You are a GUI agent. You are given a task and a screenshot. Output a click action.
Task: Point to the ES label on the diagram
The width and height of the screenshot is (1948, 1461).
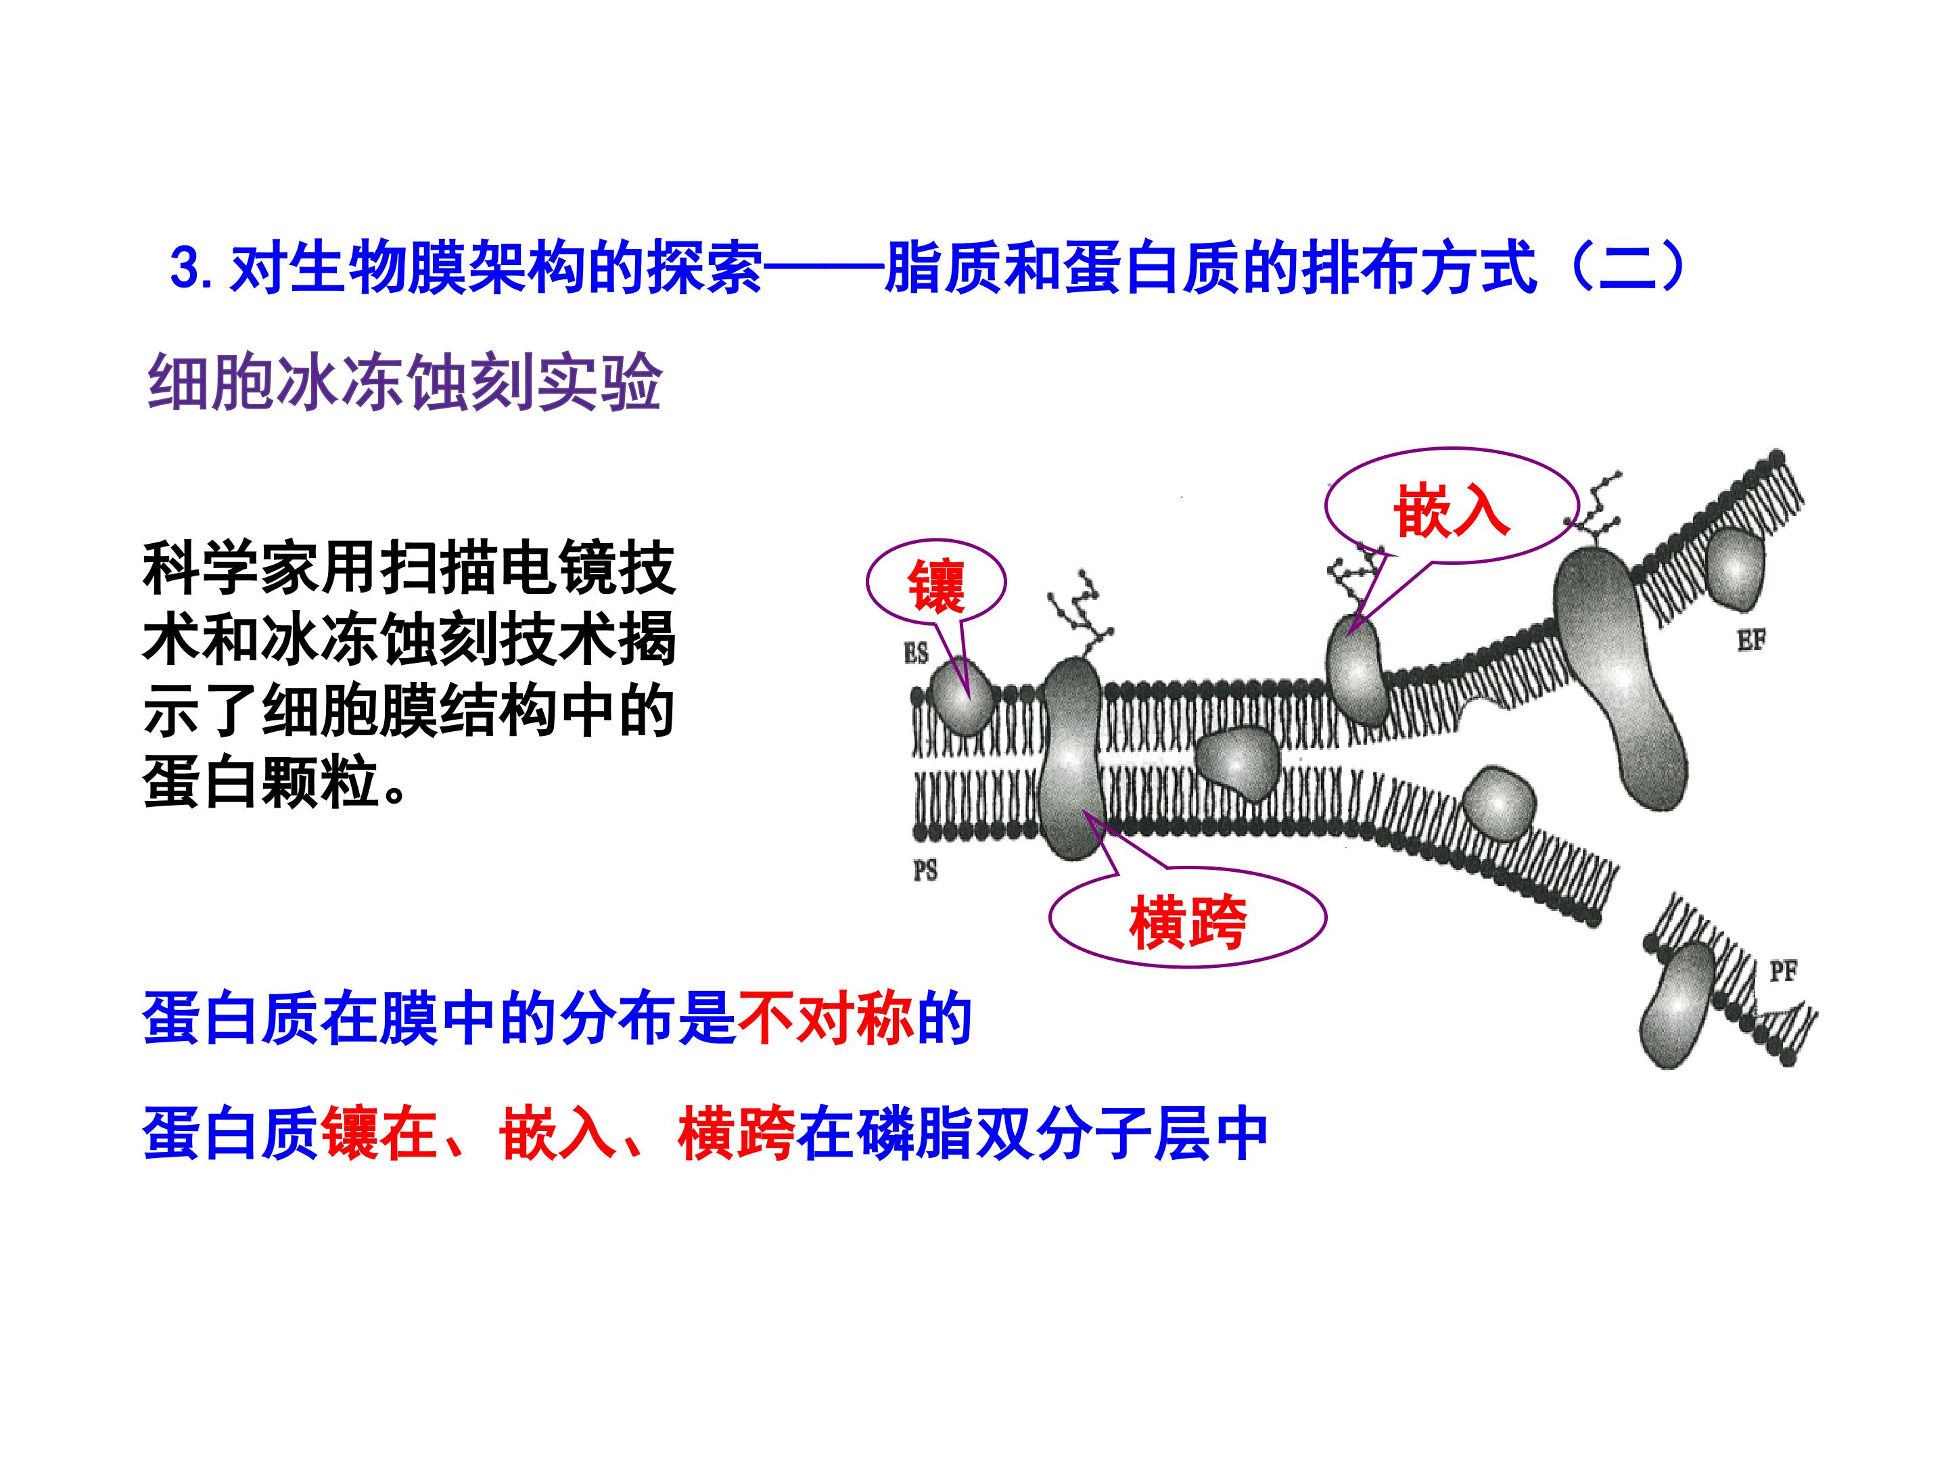coord(916,653)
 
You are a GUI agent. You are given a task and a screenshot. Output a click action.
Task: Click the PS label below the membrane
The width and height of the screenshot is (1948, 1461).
coord(925,871)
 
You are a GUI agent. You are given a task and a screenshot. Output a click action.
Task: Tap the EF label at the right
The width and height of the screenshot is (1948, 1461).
coord(1752,641)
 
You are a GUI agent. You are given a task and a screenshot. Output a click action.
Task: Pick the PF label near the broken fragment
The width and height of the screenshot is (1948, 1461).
coord(1784,971)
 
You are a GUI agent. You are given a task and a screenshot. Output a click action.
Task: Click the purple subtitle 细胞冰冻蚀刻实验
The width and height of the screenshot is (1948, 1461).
coord(404,383)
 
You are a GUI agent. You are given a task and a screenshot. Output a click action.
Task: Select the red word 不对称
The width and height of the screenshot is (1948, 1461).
coord(826,1020)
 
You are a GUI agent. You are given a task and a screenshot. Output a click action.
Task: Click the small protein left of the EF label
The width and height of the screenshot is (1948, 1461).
coord(1735,569)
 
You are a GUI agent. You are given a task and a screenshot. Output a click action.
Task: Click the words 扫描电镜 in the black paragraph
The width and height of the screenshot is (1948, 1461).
coord(498,569)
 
